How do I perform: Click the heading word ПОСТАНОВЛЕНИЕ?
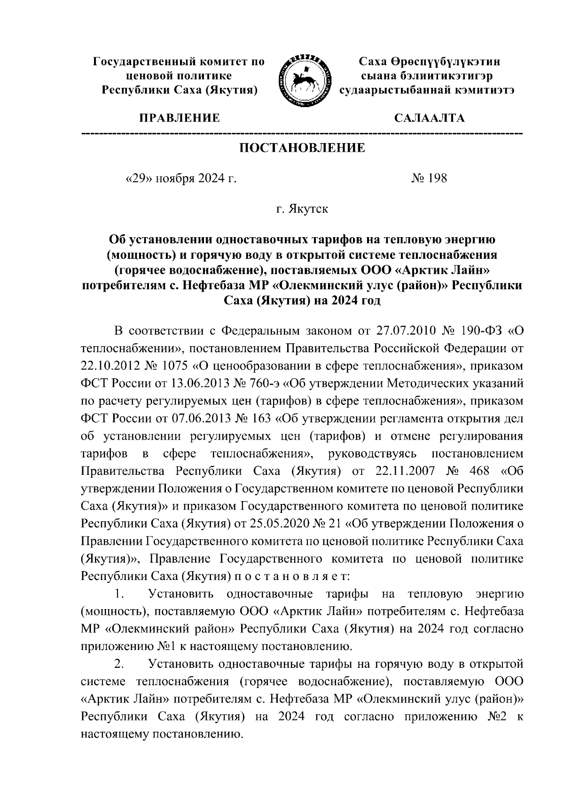tap(302, 148)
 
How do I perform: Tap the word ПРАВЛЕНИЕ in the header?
tap(178, 118)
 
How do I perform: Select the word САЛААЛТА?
tap(430, 118)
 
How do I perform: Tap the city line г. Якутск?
tap(302, 209)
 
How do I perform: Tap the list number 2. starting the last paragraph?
tap(119, 664)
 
